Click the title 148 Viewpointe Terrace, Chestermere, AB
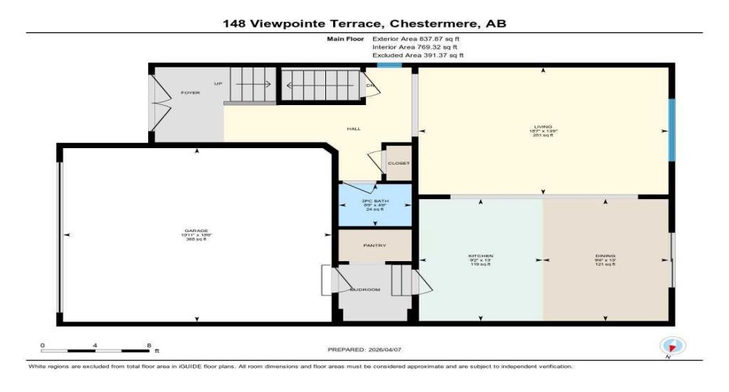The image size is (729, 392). coord(364,24)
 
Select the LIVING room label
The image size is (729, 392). coord(543,126)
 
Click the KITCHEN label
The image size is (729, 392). coord(480,256)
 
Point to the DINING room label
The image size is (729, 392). coord(604,256)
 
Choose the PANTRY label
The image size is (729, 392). coord(374,245)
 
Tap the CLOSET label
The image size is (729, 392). coord(399,163)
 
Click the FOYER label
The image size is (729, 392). coord(190,93)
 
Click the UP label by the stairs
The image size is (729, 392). coord(218,83)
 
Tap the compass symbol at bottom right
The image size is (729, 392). coord(672,346)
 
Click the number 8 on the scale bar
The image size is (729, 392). coord(148,345)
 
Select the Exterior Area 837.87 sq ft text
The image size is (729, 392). coord(418,38)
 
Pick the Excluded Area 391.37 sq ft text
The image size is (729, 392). coord(418,56)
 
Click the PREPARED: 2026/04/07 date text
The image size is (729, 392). coord(364,349)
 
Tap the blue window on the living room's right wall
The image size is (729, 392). coord(671,130)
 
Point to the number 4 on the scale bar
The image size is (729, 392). coord(95,345)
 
